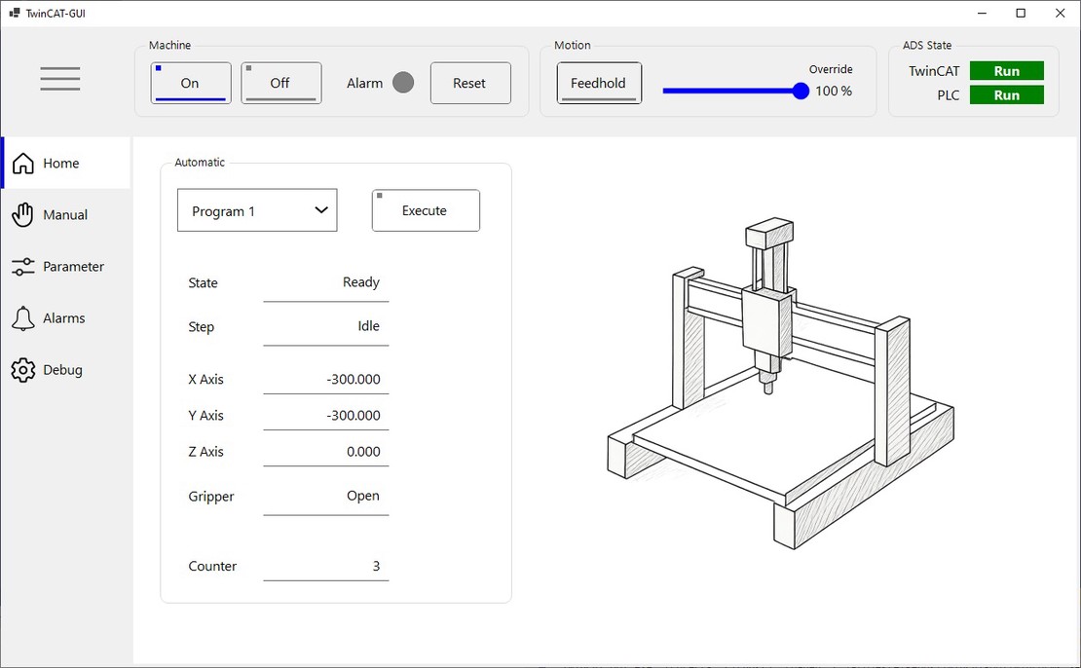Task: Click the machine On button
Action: point(191,83)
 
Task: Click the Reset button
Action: point(470,83)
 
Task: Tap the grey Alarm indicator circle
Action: point(403,83)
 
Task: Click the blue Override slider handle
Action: point(801,91)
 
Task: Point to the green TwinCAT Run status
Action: point(1007,71)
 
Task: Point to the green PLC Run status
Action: point(1007,95)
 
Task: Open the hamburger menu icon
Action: point(60,79)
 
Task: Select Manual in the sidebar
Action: point(65,214)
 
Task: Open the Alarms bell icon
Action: point(22,318)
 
